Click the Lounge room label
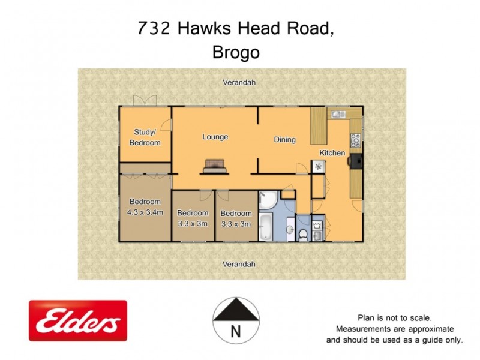tap(215, 137)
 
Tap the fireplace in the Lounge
tap(215, 166)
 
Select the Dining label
tap(285, 140)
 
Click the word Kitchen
tap(332, 152)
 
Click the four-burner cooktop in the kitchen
tap(355, 140)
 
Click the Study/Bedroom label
tap(145, 137)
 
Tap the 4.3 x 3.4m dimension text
tap(145, 211)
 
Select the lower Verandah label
tap(239, 264)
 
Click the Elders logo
tap(77, 321)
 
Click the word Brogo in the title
tap(236, 52)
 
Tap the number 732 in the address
tap(151, 28)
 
